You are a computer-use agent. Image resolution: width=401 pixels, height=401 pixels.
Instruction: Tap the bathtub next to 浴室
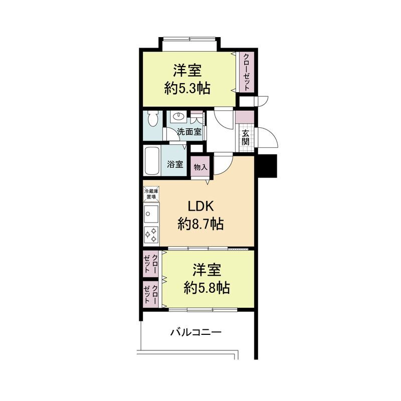[152, 161]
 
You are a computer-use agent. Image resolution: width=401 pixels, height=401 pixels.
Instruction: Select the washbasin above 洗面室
[178, 117]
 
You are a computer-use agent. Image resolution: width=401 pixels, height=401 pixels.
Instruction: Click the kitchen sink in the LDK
[151, 214]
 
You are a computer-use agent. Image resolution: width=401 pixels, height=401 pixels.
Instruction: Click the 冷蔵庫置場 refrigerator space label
[151, 194]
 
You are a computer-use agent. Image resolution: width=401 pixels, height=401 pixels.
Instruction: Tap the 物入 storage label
[200, 167]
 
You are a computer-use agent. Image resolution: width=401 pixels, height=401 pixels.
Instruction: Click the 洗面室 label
[189, 132]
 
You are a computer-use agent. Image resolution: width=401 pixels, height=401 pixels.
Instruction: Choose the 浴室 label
[175, 164]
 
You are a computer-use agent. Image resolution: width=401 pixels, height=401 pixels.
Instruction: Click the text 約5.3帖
[187, 89]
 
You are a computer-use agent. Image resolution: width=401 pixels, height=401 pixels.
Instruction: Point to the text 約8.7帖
[201, 224]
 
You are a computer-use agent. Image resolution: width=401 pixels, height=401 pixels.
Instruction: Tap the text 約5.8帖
[207, 288]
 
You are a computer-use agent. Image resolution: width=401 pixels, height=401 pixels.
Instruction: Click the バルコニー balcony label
[196, 332]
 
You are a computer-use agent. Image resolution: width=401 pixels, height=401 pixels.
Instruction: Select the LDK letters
[201, 206]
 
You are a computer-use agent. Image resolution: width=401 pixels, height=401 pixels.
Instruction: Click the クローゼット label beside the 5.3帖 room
[247, 72]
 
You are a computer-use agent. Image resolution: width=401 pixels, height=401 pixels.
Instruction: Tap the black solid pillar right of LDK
[268, 166]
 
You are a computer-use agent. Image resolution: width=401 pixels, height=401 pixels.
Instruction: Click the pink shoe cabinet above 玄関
[245, 117]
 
